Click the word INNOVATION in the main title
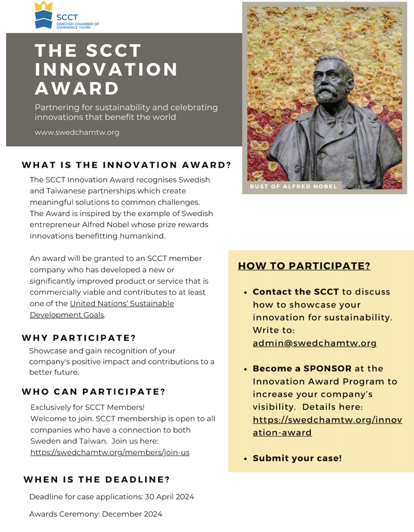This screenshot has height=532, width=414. (106, 70)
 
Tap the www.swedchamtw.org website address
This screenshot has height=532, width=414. (77, 132)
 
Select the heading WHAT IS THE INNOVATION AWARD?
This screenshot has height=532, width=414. (126, 165)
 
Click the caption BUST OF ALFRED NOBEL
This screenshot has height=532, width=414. (293, 186)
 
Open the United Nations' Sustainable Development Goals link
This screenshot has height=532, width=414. (102, 309)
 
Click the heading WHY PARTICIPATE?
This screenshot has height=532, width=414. (79, 338)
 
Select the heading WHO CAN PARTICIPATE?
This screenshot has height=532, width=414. (94, 392)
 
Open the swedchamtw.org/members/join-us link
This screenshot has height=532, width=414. (110, 453)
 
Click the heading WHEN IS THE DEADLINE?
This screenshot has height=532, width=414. (97, 480)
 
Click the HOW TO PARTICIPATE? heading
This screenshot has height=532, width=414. (304, 266)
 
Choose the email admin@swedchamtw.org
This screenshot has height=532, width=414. (315, 343)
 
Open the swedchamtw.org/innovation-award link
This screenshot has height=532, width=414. (327, 426)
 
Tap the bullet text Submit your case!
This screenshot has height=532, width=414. (297, 458)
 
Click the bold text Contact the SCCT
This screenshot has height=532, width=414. (296, 292)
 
